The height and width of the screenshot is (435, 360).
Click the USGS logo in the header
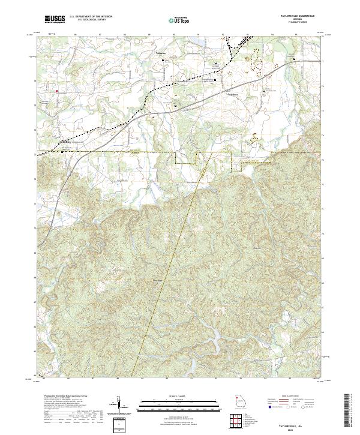tap(55, 19)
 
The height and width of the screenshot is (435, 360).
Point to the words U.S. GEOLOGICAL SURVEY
tap(85, 20)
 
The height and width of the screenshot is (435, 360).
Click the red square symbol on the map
tap(57, 91)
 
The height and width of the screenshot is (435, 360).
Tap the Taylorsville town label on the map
tap(67, 142)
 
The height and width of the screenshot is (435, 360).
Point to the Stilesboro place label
tap(233, 94)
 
